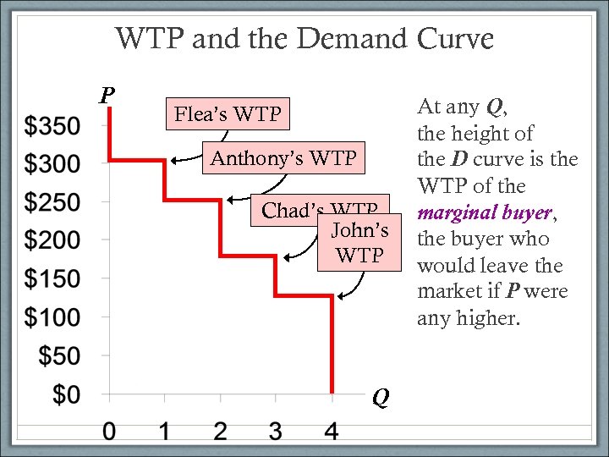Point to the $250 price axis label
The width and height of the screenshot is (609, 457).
(x=52, y=203)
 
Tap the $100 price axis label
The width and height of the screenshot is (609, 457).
(x=52, y=318)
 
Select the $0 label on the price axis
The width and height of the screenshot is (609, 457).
(x=64, y=394)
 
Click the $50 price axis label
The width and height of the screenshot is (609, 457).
(x=58, y=356)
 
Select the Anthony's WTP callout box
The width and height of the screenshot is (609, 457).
(x=283, y=158)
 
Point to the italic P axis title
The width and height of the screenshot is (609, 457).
(x=106, y=94)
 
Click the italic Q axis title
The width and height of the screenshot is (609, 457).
(x=381, y=397)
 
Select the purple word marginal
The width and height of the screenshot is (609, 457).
(x=457, y=212)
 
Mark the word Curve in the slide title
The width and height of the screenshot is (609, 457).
(x=455, y=39)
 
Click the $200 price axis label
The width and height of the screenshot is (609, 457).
(x=52, y=241)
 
